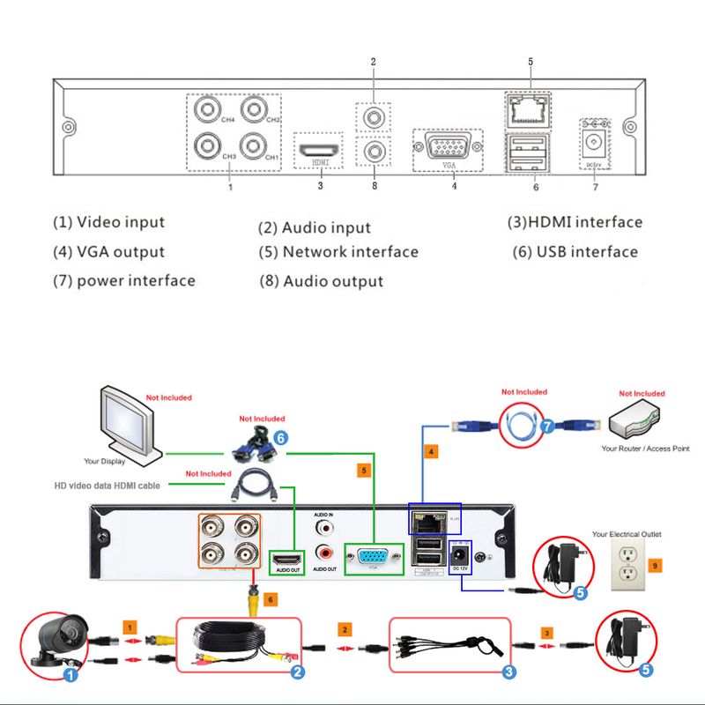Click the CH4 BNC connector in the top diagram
coord(210,110)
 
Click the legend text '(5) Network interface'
coord(338,252)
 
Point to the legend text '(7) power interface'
coord(124,281)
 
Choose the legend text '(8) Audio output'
coord(322,282)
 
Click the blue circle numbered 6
coord(280,436)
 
